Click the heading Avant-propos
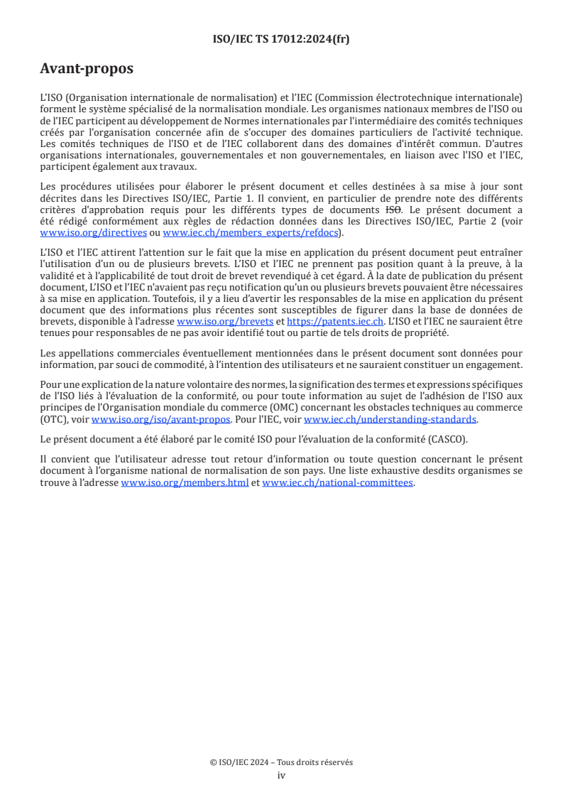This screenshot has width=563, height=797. tap(87, 69)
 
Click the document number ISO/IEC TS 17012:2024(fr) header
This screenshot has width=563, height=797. tap(281, 39)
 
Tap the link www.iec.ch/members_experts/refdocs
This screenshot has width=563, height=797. tap(251, 233)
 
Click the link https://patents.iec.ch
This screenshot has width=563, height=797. tap(335, 322)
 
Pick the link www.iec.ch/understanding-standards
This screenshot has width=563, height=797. tap(390, 420)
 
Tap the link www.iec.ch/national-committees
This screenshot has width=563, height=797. tap(337, 483)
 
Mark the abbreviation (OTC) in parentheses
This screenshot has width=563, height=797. tap(54, 420)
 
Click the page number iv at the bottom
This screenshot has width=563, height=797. tap(281, 775)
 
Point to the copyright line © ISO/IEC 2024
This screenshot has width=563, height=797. tap(281, 762)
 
